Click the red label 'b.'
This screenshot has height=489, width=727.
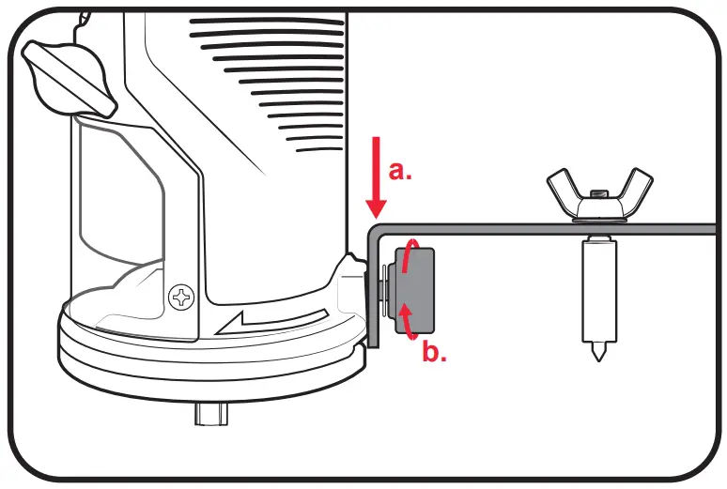(x=433, y=354)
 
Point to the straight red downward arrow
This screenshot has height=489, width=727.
(x=377, y=178)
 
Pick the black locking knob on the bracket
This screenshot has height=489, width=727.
(x=415, y=289)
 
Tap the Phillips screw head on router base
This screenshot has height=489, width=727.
(x=179, y=299)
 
